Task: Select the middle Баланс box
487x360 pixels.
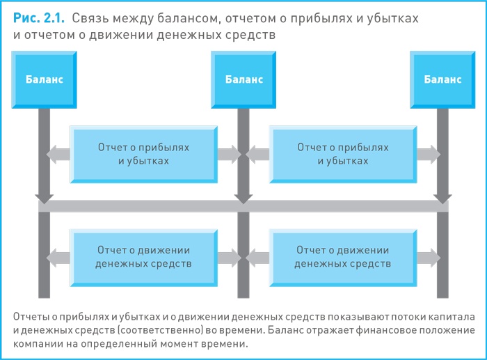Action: [243, 79]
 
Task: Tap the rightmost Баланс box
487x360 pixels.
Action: [442, 79]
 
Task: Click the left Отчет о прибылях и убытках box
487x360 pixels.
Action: [144, 154]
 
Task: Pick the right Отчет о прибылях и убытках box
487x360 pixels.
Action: [342, 154]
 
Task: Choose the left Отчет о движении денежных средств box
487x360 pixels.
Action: [144, 257]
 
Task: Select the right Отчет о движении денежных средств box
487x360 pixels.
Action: [342, 257]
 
